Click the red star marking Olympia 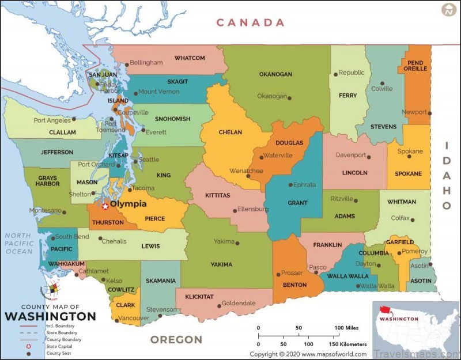point(105,206)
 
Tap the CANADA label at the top point(250,22)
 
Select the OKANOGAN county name point(275,74)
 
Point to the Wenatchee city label point(246,170)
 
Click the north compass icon point(448,10)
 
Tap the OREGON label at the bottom point(176,339)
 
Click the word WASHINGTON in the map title point(51,316)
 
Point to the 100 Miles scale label point(346,328)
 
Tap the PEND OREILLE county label point(415,65)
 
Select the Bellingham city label point(146,62)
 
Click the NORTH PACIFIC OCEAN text point(18,243)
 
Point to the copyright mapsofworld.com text point(308,354)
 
